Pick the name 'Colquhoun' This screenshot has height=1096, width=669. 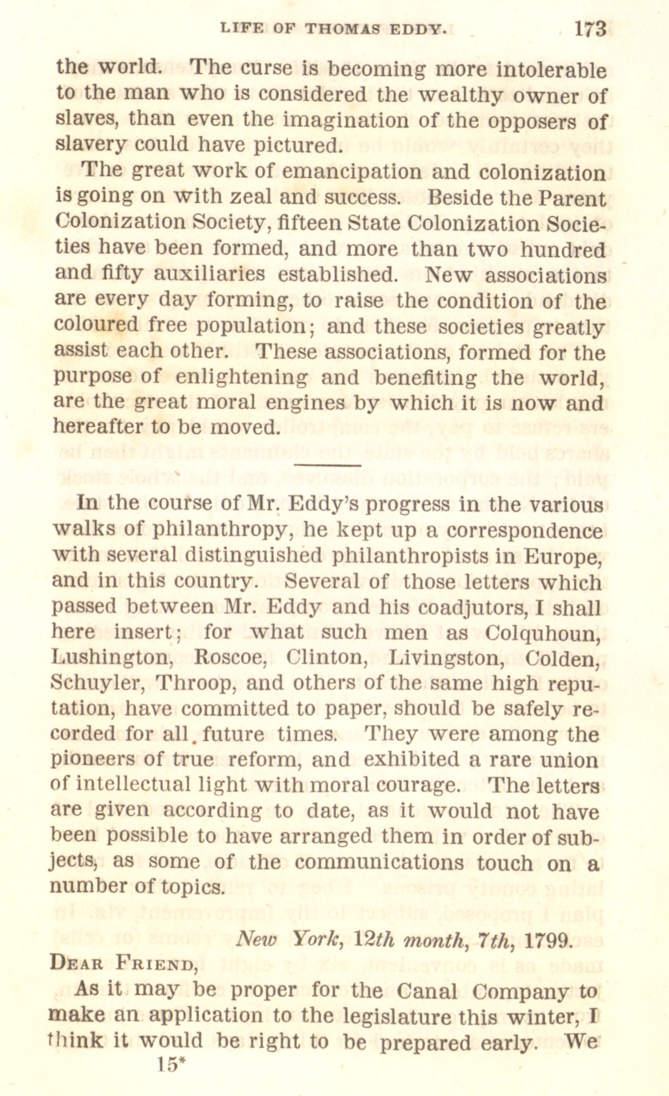click(x=543, y=632)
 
